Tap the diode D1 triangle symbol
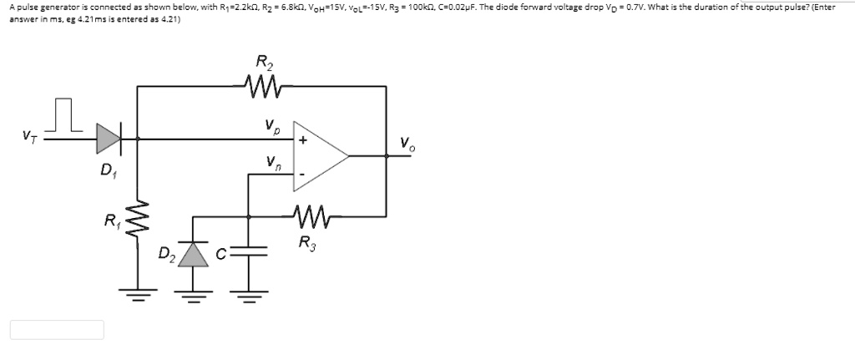[x=109, y=138]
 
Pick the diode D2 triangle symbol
[x=194, y=253]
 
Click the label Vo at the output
[x=406, y=143]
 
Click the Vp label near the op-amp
[x=271, y=128]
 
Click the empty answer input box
[x=57, y=330]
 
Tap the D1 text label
[x=107, y=170]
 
